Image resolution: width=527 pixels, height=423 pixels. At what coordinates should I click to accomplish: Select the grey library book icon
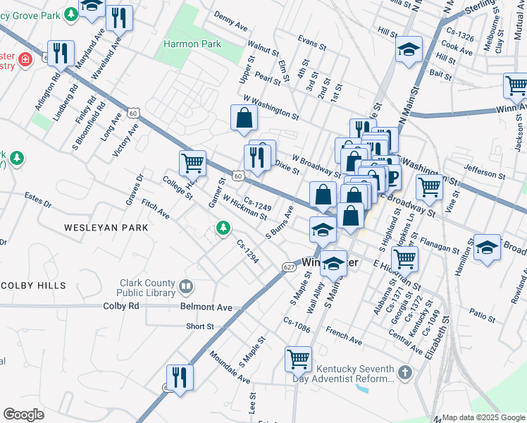tap(186, 286)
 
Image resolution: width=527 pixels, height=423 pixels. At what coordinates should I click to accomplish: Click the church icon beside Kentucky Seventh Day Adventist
tap(404, 372)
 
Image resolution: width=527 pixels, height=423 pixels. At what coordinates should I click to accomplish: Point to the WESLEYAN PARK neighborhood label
tap(106, 228)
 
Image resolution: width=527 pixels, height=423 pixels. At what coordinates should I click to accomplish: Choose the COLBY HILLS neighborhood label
tap(33, 286)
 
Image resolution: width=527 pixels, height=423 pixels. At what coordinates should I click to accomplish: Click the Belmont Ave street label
tap(206, 307)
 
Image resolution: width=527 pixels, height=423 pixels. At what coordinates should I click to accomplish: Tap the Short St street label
tap(200, 326)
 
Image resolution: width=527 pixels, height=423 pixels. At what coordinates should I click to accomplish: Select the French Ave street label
tap(345, 336)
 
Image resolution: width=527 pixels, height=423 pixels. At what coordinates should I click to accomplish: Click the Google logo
tap(24, 415)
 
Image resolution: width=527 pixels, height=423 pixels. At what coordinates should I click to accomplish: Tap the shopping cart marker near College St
tap(192, 164)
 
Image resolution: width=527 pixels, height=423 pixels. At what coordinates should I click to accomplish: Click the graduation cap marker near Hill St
tap(409, 51)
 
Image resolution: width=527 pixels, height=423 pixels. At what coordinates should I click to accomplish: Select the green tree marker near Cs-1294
tap(223, 228)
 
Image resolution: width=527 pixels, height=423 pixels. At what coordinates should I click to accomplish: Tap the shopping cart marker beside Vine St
tap(429, 187)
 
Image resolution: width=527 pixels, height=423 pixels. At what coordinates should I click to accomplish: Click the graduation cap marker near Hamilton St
tap(487, 248)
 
